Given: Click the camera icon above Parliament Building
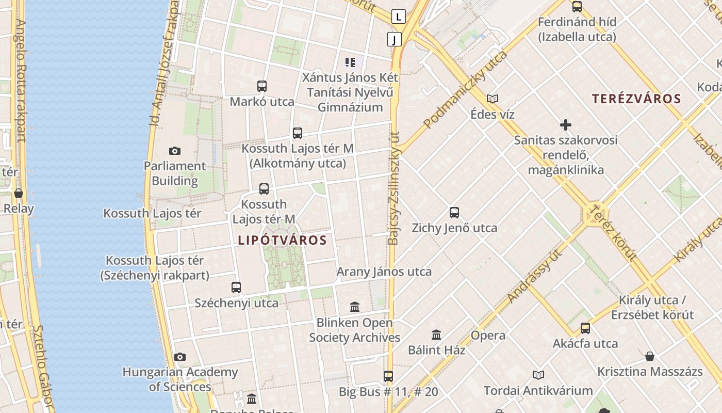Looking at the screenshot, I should (175, 151).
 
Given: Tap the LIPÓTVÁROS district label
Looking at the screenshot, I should (282, 240).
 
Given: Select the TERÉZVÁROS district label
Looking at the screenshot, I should (636, 99).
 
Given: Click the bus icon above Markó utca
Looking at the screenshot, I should (262, 86).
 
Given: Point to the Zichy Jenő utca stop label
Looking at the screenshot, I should (454, 228).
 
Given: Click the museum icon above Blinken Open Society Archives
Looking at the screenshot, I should (355, 307).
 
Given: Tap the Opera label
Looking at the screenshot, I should (488, 335).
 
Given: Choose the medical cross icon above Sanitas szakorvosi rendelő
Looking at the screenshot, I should (566, 125).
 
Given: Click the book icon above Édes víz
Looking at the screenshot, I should (493, 99).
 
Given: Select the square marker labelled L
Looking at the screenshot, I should (399, 17).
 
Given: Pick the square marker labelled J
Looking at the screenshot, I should (395, 39).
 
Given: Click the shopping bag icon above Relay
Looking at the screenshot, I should (19, 193).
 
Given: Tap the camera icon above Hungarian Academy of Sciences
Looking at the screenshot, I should (179, 357).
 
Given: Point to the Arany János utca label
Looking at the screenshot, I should (384, 272).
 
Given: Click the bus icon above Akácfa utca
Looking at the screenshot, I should (585, 328).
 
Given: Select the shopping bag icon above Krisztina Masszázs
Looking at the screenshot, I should (650, 356).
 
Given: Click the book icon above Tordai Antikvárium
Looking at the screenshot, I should (538, 375).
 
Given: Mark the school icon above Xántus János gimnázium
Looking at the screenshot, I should (350, 63).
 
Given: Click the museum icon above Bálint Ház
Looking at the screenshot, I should (436, 335).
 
